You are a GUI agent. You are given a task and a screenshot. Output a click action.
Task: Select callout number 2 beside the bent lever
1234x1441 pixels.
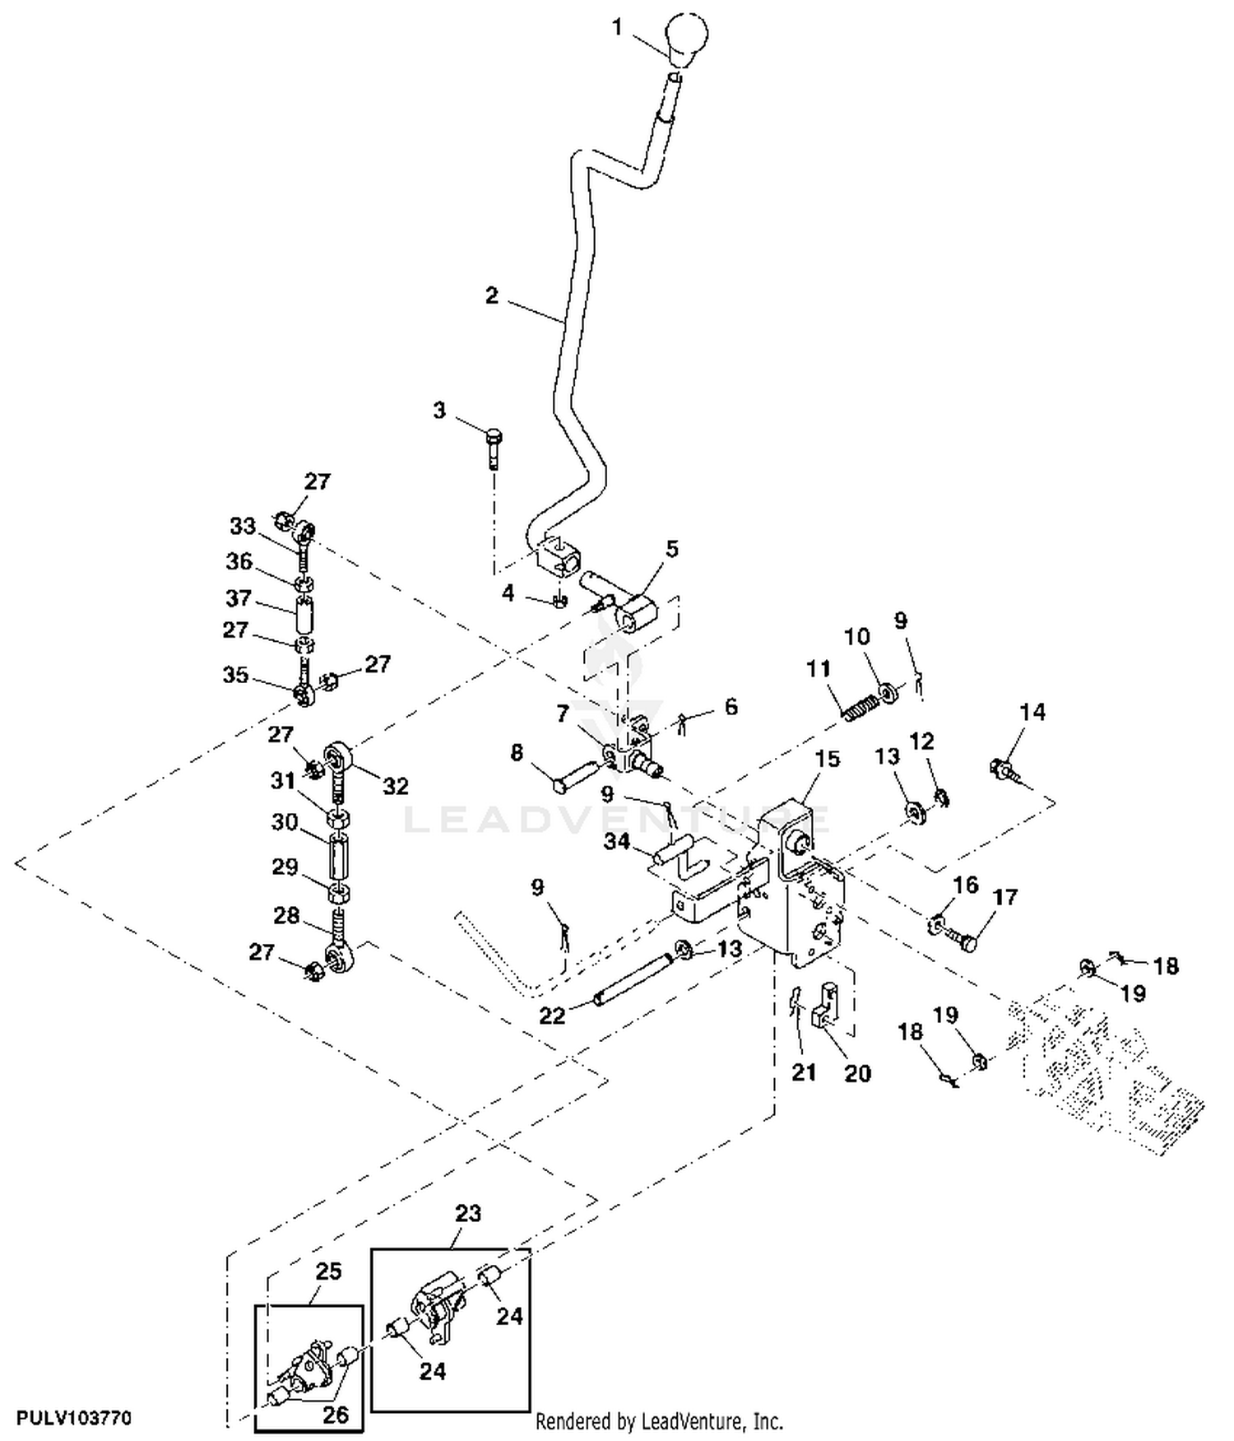point(492,295)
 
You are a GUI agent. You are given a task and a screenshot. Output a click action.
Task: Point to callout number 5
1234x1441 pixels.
point(672,549)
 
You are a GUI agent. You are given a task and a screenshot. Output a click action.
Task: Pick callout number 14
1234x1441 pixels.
point(1032,712)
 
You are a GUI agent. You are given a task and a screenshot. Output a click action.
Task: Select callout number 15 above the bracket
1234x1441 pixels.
point(828,759)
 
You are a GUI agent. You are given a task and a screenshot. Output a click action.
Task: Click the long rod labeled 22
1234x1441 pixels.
point(633,977)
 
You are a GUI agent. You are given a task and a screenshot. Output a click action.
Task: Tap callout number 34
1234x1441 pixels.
point(617,842)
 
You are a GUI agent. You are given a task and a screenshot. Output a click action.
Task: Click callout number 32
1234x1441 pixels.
point(396,786)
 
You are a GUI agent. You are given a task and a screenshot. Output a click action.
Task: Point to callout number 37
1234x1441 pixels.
point(239,598)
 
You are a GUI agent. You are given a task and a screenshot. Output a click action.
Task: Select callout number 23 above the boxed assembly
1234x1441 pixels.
point(468,1213)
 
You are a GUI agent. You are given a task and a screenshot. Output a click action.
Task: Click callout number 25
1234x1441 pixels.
point(328,1271)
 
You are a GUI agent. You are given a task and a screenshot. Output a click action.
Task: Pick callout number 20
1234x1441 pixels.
point(857,1073)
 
